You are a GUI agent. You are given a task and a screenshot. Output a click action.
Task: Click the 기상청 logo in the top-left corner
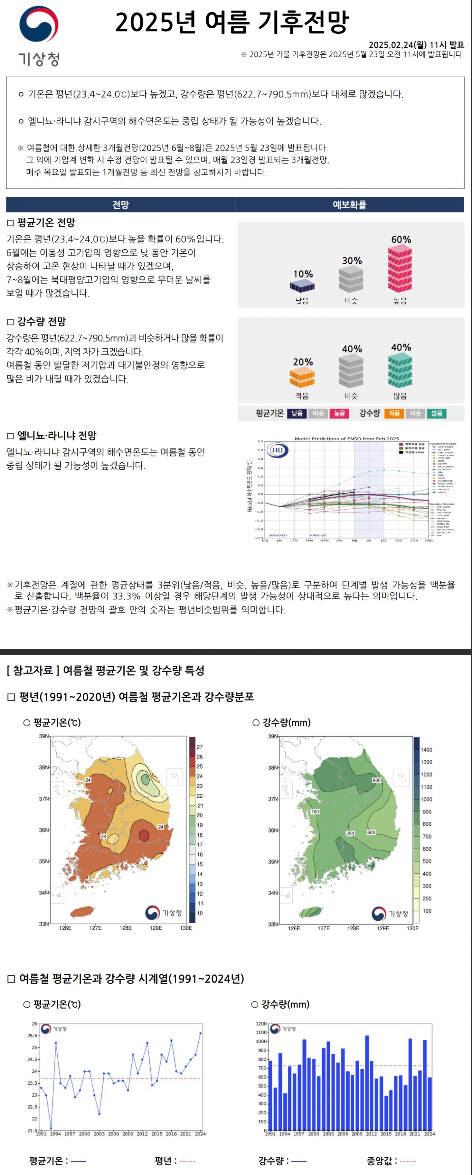[39, 35]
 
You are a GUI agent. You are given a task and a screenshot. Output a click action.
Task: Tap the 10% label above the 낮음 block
[303, 274]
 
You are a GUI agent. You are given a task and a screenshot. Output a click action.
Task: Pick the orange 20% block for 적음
[302, 377]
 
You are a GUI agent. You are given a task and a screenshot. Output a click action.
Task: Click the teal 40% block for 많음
[400, 371]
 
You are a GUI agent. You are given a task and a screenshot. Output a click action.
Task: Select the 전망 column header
[120, 205]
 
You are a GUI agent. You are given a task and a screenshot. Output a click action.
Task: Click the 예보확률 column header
[349, 205]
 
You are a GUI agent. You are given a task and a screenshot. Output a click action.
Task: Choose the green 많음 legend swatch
[437, 413]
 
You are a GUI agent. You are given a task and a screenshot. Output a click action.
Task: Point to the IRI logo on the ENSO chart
[277, 450]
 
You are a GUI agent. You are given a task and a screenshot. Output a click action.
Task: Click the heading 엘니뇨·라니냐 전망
[57, 436]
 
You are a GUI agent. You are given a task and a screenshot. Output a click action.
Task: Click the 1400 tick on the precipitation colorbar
[426, 749]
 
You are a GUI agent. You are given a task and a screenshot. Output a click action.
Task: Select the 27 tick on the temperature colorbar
[200, 747]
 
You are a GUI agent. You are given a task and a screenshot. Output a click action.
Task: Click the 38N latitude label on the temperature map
[44, 767]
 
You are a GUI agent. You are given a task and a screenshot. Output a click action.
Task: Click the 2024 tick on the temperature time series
[200, 1133]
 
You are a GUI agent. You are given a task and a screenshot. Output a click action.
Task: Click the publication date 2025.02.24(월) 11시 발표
[416, 45]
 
